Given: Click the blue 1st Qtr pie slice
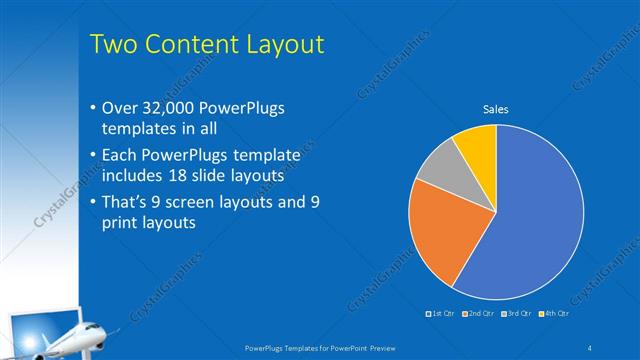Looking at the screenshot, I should pos(530,220).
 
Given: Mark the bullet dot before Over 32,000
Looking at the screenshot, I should pos(92,108).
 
